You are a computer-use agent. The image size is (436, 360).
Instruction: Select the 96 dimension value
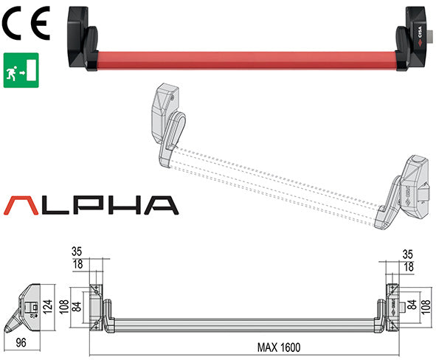21,342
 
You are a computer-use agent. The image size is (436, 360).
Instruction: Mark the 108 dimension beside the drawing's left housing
63,303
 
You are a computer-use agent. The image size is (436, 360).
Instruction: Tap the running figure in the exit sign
13,71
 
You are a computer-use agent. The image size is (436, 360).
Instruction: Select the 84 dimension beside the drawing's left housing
77,303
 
